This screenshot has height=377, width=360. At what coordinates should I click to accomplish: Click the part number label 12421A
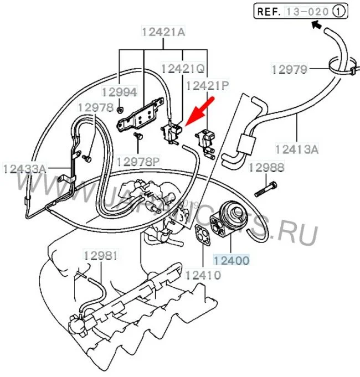point(162,33)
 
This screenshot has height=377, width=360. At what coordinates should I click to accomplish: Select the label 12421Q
point(183,68)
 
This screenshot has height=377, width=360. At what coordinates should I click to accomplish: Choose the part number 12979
point(289,69)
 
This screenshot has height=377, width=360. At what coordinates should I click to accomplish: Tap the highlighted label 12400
point(232,259)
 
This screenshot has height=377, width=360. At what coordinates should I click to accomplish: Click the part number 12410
point(203,275)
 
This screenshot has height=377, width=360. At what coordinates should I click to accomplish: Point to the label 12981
point(101,256)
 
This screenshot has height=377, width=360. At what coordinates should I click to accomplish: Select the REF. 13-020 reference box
point(301,11)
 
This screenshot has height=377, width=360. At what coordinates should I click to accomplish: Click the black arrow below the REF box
point(317,24)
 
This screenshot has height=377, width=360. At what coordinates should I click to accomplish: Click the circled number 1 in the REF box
point(340,11)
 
